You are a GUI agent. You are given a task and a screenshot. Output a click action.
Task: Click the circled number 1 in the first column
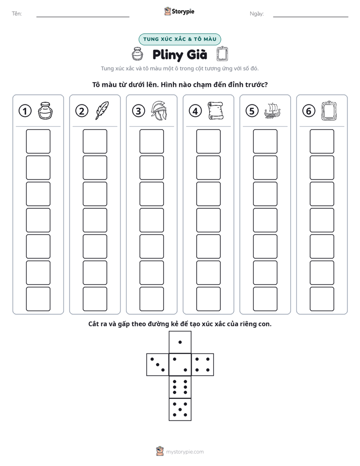point(25,111)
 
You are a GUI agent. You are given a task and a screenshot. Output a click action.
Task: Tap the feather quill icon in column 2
point(102,110)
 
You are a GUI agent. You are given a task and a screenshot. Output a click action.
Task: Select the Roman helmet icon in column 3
point(159,110)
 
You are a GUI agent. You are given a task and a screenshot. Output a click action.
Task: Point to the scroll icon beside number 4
point(216,110)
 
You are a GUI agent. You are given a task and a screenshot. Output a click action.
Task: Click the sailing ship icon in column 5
point(272,111)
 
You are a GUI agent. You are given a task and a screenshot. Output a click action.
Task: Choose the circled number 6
point(309,111)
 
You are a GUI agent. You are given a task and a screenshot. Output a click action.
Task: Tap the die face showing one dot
point(180,342)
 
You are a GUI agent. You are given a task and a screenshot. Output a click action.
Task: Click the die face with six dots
point(180,387)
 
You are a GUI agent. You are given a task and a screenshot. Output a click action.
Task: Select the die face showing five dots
point(180,409)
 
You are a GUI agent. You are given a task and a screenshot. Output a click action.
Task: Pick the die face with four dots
point(203,365)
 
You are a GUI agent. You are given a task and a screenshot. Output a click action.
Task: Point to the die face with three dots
point(158,365)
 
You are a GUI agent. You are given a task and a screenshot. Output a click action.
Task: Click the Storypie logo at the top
point(179,12)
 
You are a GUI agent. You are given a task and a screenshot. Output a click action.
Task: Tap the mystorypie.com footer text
point(185,452)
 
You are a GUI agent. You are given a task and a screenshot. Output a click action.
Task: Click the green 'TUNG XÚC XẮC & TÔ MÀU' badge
point(179,39)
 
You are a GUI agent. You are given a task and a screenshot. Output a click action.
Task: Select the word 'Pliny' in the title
point(168,55)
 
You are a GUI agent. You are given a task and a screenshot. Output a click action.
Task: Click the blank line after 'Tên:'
point(83,17)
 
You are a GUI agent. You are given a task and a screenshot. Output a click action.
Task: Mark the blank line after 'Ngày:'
point(311,17)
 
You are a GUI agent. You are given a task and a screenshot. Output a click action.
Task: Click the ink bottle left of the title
point(137,54)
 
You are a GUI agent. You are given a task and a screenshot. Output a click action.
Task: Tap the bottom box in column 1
point(38,299)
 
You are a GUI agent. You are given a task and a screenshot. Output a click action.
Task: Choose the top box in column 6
point(322,141)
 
